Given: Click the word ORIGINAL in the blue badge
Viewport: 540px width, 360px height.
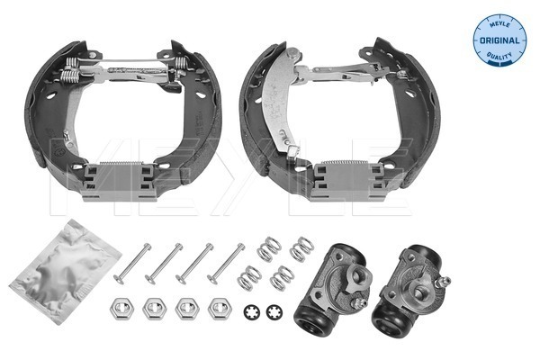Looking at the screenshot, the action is [x=499, y=40].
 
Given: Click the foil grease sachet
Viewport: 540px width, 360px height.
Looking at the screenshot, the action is [x=66, y=272].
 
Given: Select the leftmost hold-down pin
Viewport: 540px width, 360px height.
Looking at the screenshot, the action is [x=132, y=264].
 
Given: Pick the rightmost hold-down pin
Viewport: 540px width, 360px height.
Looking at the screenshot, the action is [x=226, y=264].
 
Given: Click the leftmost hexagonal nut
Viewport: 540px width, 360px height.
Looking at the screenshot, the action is [x=121, y=308].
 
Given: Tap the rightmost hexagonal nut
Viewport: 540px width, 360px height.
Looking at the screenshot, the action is [x=220, y=308].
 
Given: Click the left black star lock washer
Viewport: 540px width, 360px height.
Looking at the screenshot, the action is [x=252, y=312].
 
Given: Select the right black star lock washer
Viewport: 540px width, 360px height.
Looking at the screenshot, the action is [x=274, y=312].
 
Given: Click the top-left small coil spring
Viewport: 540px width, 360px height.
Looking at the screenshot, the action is [x=269, y=248].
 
